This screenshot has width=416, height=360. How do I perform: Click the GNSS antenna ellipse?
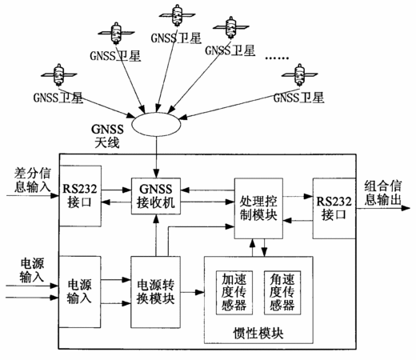[156, 124]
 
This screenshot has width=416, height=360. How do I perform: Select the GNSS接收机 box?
[156, 196]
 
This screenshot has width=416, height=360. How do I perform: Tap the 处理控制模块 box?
[258, 209]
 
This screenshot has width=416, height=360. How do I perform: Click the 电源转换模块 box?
[155, 292]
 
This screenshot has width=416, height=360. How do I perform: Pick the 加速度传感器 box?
[234, 293]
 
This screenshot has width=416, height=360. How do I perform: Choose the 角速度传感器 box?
[282, 293]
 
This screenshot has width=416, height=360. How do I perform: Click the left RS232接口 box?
[80, 196]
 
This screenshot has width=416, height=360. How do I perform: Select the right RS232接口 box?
[334, 208]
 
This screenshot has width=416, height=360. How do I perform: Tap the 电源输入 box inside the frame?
[79, 292]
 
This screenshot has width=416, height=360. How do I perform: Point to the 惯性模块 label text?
[258, 333]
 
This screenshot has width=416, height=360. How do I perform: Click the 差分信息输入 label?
[32, 180]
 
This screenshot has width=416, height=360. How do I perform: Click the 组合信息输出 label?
[383, 193]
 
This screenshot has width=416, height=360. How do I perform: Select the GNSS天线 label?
[107, 136]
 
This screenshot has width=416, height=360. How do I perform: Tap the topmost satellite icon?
[177, 14]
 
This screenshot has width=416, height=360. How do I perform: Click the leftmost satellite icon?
[59, 74]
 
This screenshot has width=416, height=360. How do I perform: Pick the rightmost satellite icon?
[299, 74]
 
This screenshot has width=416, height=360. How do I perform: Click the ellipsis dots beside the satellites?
[277, 58]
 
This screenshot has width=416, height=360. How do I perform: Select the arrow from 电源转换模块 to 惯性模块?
[192, 292]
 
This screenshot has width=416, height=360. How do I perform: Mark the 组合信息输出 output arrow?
[383, 208]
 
